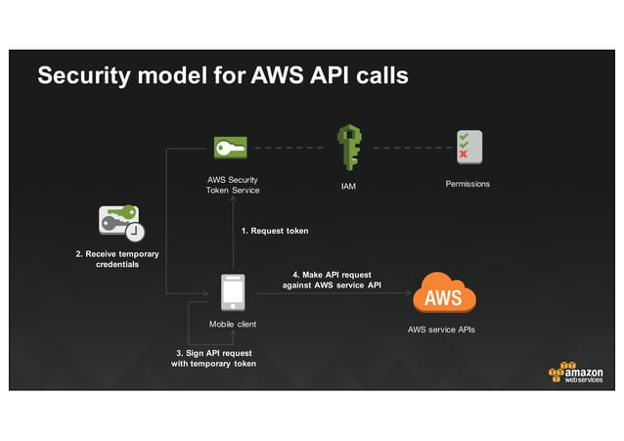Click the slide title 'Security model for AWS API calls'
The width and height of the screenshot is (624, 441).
(222, 76)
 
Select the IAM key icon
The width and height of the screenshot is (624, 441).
(349, 147)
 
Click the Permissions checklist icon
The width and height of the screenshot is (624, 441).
(468, 147)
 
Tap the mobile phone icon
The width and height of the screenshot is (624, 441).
(233, 292)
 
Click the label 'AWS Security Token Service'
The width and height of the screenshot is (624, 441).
(233, 185)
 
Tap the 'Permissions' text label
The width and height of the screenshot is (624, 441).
(468, 184)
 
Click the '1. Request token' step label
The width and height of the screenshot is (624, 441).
(275, 231)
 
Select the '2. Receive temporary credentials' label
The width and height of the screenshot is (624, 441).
(116, 259)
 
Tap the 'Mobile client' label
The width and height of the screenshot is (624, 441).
(233, 324)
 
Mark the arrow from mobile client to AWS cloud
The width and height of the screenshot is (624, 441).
(333, 292)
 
